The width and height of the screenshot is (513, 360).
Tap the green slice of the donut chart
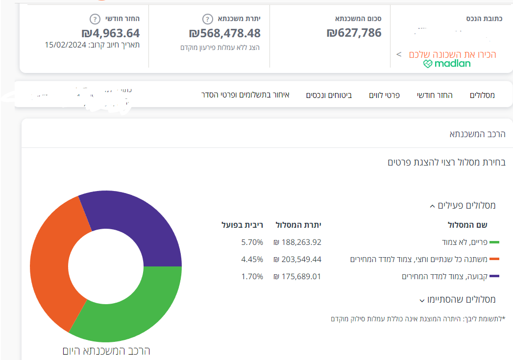tap(132, 313)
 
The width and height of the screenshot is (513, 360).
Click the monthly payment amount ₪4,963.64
tap(111, 33)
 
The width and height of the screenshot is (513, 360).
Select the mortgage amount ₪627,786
tap(354, 33)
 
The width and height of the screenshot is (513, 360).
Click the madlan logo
tap(447, 64)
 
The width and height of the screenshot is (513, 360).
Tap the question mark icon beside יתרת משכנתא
tap(208, 19)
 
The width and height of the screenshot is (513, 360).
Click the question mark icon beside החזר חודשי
tap(95, 19)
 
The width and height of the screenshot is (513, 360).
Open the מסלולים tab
tap(482, 95)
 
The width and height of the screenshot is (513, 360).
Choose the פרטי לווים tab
tap(384, 95)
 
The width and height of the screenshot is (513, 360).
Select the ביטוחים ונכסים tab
tap(329, 95)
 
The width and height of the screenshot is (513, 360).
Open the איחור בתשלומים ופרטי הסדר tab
tap(245, 95)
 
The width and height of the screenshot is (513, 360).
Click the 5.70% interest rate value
tap(252, 242)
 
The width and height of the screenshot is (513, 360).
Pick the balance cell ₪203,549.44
tap(297, 259)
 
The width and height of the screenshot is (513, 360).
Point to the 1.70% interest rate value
tap(252, 276)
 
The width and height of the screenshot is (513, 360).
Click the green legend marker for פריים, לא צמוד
tap(494, 242)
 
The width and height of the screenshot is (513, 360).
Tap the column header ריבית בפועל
tap(243, 225)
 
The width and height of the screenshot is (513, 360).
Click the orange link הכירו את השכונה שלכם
tap(452, 54)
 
